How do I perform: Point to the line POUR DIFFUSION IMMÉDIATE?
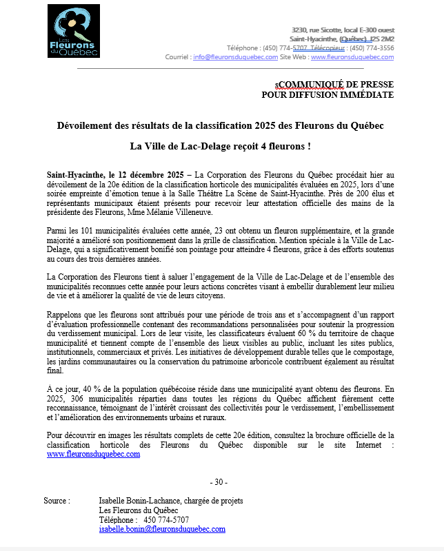[327, 94]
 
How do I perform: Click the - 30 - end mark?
[219, 481]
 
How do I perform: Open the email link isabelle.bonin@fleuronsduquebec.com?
[163, 529]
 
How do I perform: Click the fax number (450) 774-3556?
[372, 48]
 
